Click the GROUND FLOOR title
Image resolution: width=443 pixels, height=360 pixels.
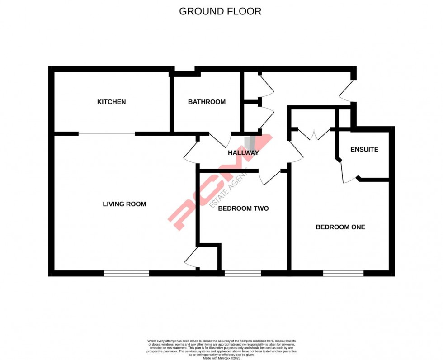(x=220, y=11)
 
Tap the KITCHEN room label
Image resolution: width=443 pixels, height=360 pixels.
(x=111, y=102)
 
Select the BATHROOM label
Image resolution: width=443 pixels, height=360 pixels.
(x=207, y=102)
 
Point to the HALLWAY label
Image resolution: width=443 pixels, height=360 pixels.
(x=243, y=153)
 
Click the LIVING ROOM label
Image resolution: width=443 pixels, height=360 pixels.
(x=124, y=204)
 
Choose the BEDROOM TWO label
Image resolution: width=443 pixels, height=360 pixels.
(x=243, y=208)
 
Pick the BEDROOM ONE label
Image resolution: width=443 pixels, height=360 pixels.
(x=340, y=227)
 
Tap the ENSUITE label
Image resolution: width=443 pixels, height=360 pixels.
(x=364, y=149)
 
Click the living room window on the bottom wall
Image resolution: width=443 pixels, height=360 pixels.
(x=126, y=273)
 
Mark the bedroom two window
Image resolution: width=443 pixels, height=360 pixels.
(x=242, y=273)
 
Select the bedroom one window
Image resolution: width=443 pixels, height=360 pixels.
(x=343, y=273)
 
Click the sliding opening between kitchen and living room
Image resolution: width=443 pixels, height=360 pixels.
(x=107, y=133)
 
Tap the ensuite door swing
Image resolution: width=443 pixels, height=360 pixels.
(x=349, y=172)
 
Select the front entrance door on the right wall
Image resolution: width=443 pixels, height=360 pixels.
(x=346, y=92)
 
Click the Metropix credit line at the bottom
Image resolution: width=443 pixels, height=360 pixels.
(x=221, y=358)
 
